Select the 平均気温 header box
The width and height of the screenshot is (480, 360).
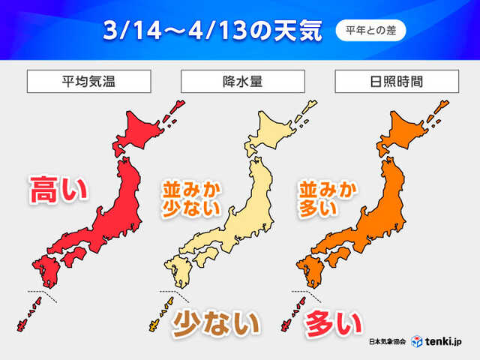(x=89, y=80)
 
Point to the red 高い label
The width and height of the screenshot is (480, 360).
(x=58, y=189)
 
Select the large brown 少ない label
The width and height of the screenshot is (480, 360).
(x=216, y=324)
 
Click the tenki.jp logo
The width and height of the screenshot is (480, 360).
(x=439, y=341)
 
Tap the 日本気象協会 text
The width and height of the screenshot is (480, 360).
(x=387, y=342)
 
